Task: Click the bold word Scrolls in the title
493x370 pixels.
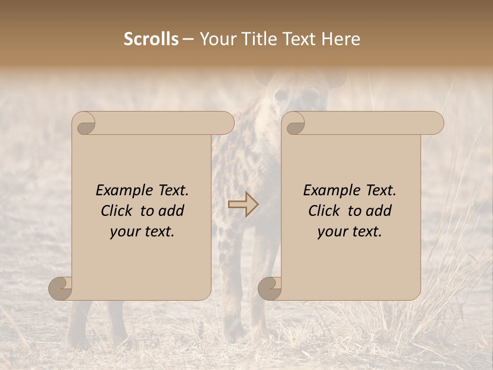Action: pyautogui.click(x=151, y=39)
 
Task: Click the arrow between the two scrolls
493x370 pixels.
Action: pyautogui.click(x=243, y=205)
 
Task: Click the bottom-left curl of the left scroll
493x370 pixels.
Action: pyautogui.click(x=61, y=288)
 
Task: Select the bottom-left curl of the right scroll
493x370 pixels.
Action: pyautogui.click(x=270, y=288)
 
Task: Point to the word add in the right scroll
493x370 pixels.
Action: pyautogui.click(x=380, y=211)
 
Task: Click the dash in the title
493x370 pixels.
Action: pyautogui.click(x=188, y=40)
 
